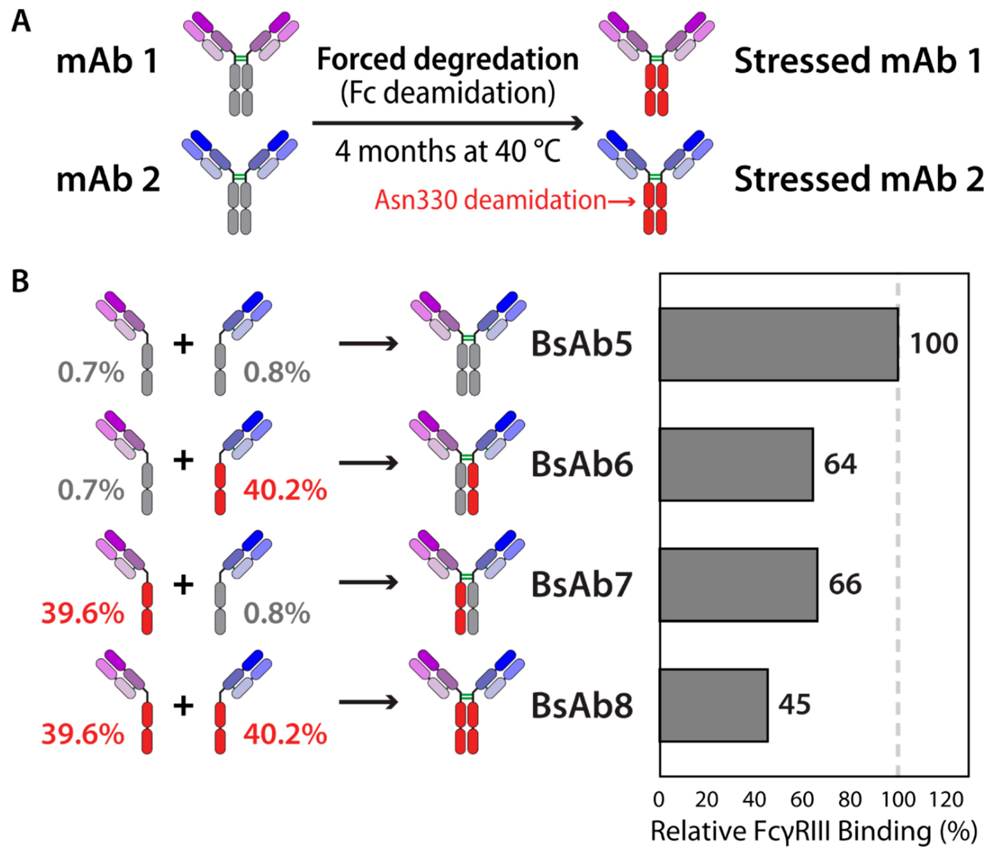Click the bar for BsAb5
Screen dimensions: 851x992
pyautogui.click(x=779, y=344)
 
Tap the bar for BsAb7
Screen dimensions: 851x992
pyautogui.click(x=738, y=585)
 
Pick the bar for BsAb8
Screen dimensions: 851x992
pyautogui.click(x=713, y=705)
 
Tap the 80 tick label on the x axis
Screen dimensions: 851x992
pyautogui.click(x=850, y=800)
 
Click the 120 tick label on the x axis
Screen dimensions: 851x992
pyautogui.click(x=946, y=800)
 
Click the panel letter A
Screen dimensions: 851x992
pyautogui.click(x=21, y=22)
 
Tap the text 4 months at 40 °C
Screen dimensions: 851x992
pyautogui.click(x=448, y=151)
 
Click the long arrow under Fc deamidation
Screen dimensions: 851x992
pyautogui.click(x=448, y=123)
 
